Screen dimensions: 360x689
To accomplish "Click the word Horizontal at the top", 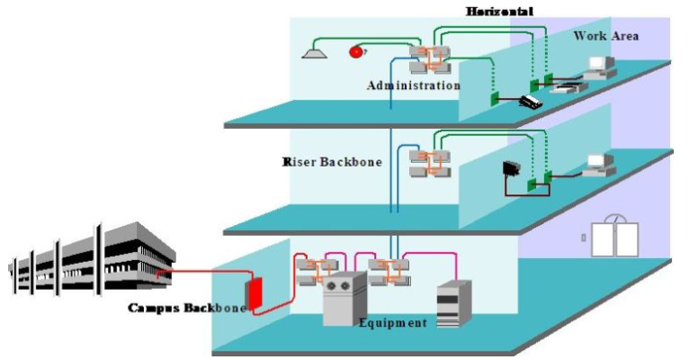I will [499, 12].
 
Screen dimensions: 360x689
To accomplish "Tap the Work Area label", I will [606, 36].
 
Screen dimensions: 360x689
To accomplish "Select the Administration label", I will [414, 85].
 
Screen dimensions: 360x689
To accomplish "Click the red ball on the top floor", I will [356, 52].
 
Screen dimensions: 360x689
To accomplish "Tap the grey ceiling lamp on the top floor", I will [312, 53].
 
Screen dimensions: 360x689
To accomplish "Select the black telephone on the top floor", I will [531, 101].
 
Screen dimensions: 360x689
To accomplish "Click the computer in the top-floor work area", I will [598, 67].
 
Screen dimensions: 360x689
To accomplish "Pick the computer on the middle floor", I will [597, 164].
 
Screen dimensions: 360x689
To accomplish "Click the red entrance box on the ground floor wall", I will [256, 293].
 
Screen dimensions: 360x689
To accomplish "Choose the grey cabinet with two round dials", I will [344, 296].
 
